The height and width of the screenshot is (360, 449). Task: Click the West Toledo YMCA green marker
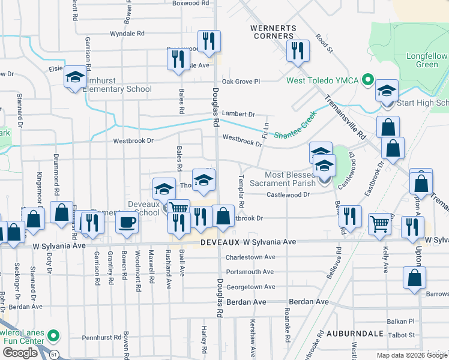pos(368,80)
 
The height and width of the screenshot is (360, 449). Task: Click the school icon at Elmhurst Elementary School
pos(75,77)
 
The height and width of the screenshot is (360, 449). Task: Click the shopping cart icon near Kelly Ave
pos(379,224)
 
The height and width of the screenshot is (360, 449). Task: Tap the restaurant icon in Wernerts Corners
pos(297,51)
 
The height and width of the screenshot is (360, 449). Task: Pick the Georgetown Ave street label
pos(250,287)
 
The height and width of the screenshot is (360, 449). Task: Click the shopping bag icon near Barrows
pos(414,278)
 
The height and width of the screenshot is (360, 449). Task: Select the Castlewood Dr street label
pos(288,194)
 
